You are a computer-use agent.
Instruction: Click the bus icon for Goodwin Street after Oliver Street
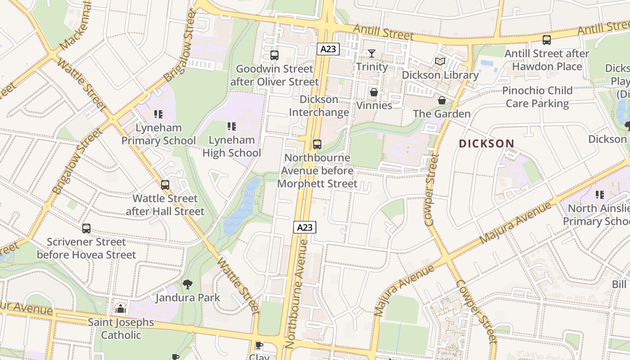coord(274,55)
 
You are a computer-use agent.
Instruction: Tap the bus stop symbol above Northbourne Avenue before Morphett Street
coord(317,144)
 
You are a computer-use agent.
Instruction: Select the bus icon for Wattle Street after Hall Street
coord(165,184)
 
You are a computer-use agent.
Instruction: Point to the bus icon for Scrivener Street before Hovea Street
coord(86,228)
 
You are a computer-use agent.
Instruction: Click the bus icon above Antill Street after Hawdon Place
coord(547,40)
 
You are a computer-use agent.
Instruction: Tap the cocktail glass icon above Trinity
coord(372,54)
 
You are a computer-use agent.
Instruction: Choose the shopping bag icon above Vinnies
coord(373,92)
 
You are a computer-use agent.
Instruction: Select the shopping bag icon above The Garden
coord(442,100)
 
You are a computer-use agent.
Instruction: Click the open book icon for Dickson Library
coord(440,62)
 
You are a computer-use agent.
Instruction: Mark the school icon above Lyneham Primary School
coord(158,114)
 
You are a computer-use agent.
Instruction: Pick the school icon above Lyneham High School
coord(232,126)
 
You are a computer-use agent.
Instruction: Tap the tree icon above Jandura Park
coord(188,284)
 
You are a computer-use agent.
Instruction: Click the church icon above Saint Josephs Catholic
coord(120,309)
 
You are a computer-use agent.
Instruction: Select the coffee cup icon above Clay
coord(259,346)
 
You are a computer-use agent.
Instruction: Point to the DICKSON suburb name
coord(486,144)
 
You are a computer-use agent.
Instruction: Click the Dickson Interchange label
coord(319,106)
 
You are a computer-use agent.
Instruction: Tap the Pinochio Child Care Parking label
coord(537,97)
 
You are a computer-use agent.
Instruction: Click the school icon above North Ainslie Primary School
coord(600,195)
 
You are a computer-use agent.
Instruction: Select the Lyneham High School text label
coord(232,146)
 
